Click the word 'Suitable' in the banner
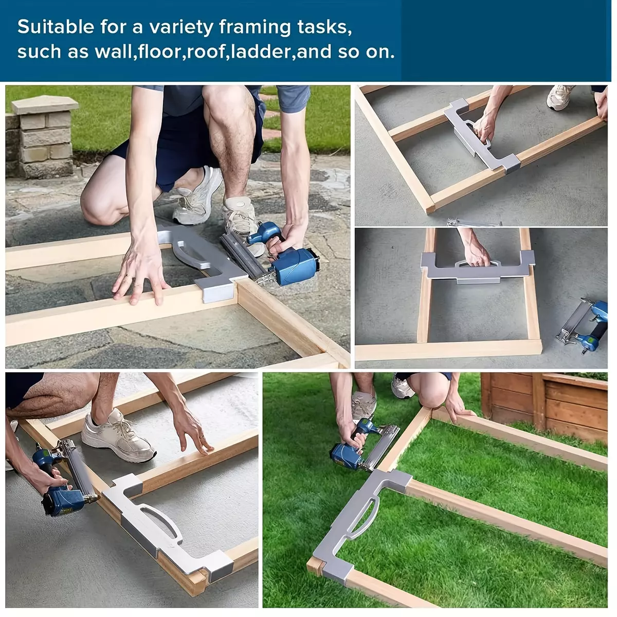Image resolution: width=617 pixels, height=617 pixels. tap(56, 27)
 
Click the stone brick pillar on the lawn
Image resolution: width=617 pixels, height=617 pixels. tap(43, 136)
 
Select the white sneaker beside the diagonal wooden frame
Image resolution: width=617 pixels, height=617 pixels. tap(560, 97)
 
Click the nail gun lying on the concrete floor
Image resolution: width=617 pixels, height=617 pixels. tap(583, 326)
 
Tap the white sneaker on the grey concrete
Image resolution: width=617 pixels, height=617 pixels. tap(118, 437)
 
